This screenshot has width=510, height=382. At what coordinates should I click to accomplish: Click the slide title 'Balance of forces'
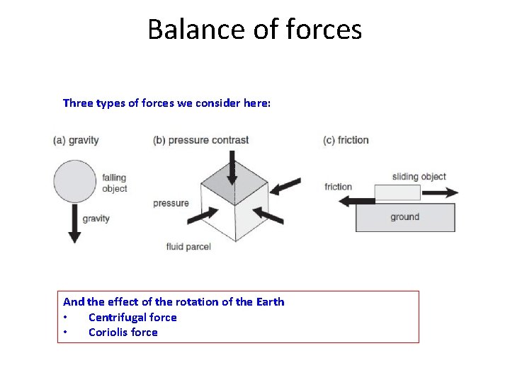pyautogui.click(x=254, y=30)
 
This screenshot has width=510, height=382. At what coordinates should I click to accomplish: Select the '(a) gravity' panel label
pyautogui.click(x=76, y=140)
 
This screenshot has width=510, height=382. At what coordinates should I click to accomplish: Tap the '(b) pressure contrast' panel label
pyautogui.click(x=200, y=140)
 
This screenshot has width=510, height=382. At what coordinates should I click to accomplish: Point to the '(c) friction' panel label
pyautogui.click(x=346, y=140)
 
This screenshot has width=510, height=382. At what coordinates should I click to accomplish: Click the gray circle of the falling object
pyautogui.click(x=75, y=182)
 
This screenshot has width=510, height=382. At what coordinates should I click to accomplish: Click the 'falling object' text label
pyautogui.click(x=114, y=183)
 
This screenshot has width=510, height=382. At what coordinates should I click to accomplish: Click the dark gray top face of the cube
pyautogui.click(x=234, y=185)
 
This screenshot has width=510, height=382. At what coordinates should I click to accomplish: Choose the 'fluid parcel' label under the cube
pyautogui.click(x=188, y=247)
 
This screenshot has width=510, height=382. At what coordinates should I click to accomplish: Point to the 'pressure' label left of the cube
pyautogui.click(x=171, y=204)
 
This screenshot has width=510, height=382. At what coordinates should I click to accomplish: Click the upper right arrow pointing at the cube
pyautogui.click(x=285, y=186)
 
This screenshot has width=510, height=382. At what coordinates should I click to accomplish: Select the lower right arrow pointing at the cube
pyautogui.click(x=268, y=215)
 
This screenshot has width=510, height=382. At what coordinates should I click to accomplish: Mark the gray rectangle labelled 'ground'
pyautogui.click(x=404, y=217)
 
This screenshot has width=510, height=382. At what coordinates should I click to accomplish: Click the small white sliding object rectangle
pyautogui.click(x=397, y=192)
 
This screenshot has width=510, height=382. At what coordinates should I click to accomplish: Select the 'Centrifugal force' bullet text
pyautogui.click(x=132, y=318)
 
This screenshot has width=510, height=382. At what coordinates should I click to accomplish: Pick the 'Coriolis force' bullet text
pyautogui.click(x=123, y=332)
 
